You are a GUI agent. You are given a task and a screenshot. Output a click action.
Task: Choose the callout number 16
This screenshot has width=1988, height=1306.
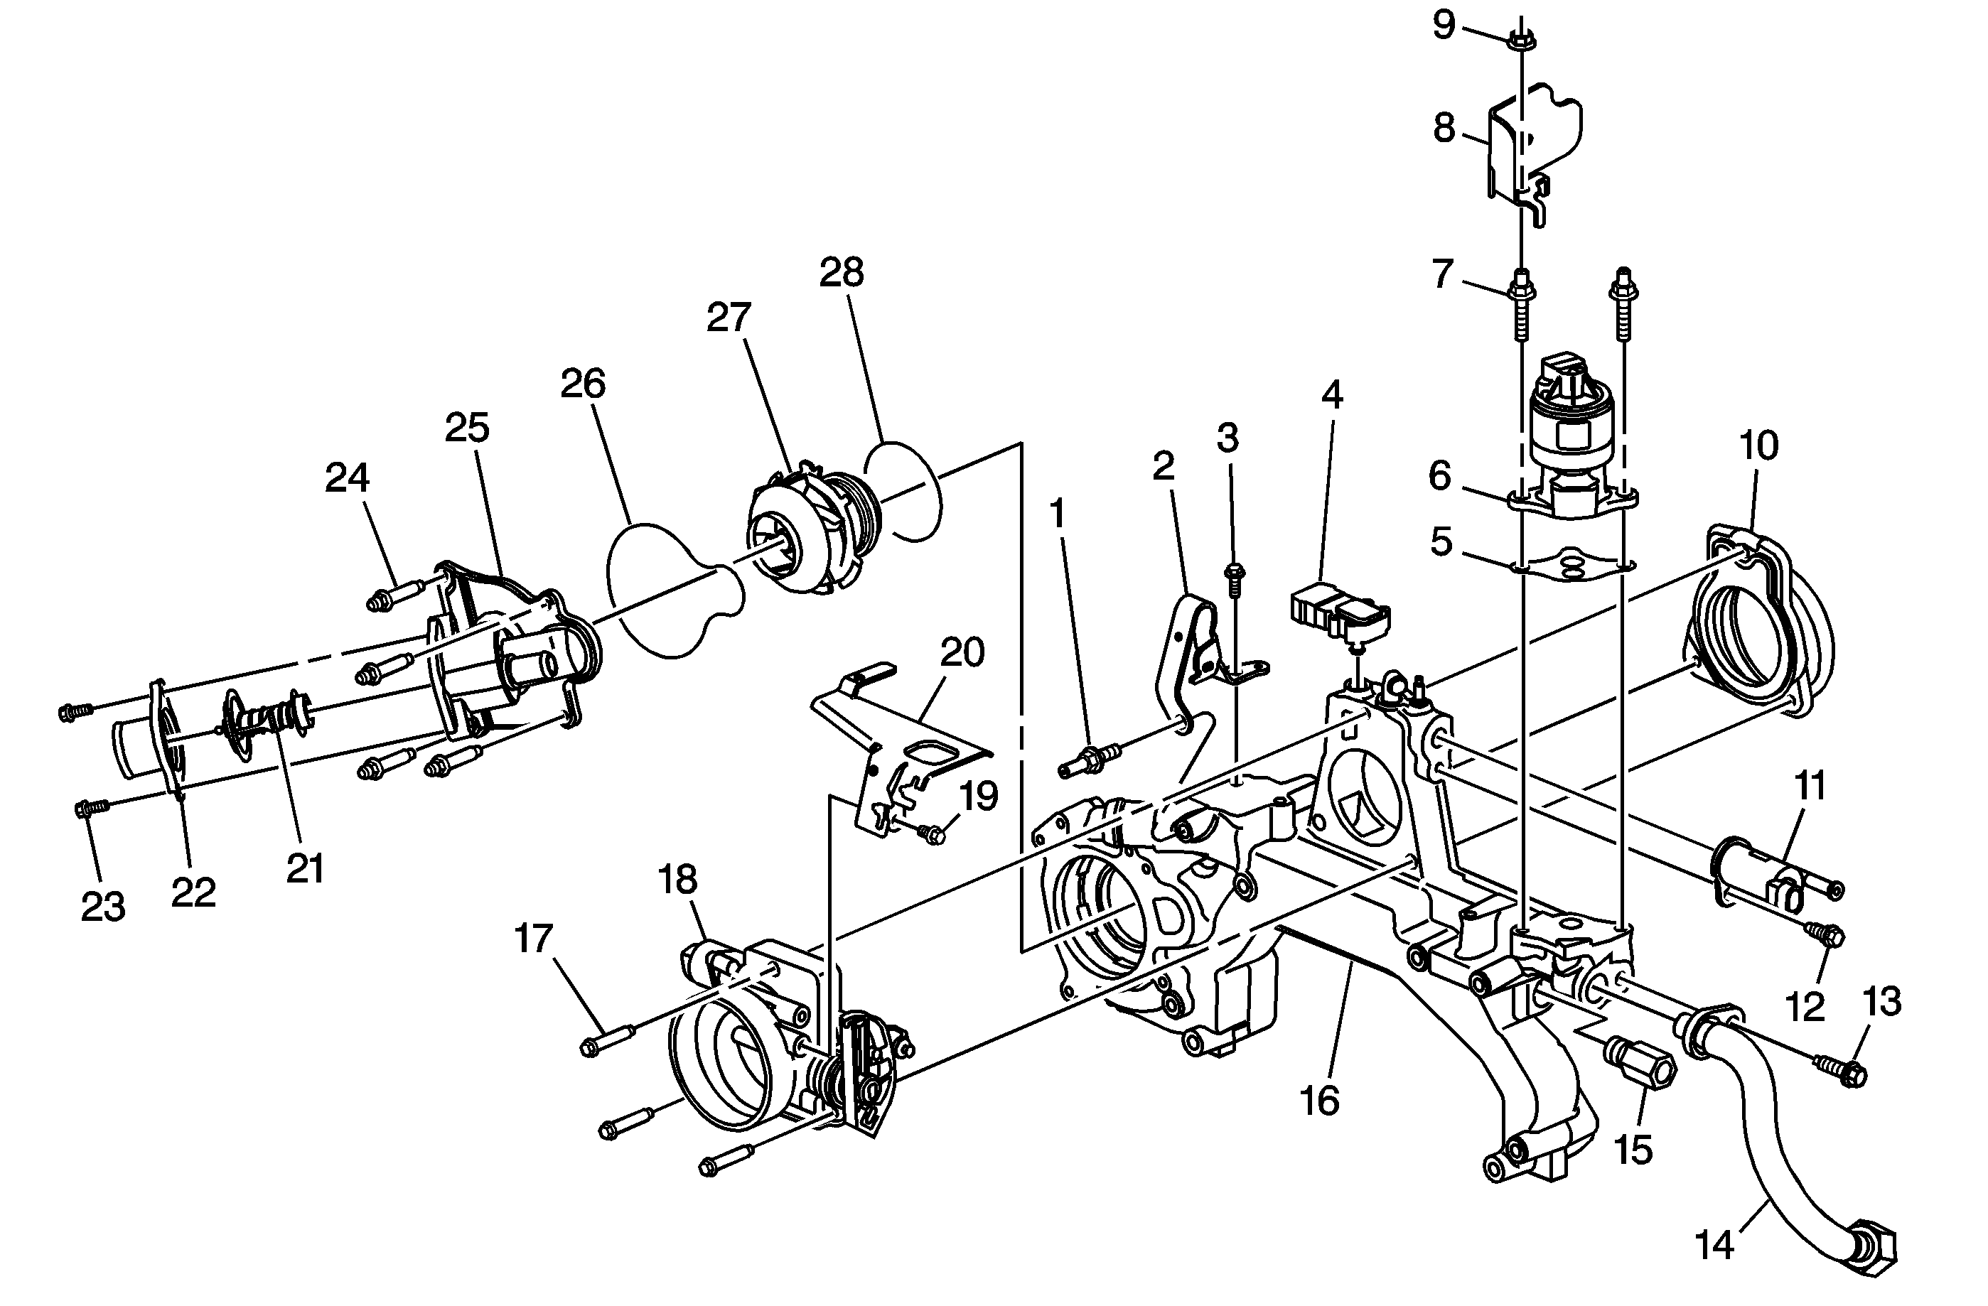point(1320,1101)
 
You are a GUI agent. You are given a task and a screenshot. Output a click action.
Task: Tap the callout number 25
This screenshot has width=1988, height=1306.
point(467,428)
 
